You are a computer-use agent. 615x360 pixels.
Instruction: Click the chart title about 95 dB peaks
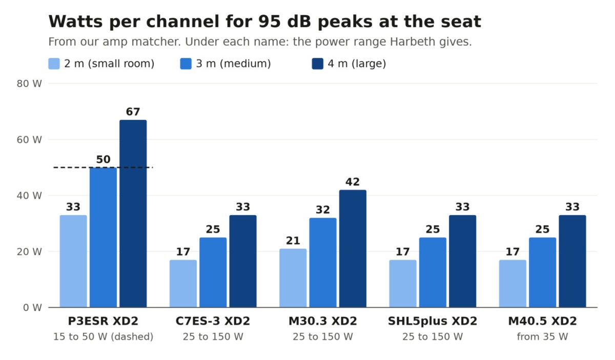coord(264,22)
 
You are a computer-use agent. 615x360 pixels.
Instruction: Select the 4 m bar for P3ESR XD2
coord(133,214)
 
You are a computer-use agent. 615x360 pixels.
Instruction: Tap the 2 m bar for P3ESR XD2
coord(73,261)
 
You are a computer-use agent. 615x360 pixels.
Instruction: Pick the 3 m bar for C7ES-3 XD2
coord(213,272)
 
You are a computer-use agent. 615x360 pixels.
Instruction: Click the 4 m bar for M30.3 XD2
coord(353,248)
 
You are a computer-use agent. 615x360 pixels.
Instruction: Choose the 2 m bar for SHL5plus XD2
coord(403,284)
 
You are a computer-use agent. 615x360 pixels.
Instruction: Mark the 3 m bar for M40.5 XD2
coord(543,272)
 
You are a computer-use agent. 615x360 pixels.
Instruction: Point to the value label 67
coord(133,112)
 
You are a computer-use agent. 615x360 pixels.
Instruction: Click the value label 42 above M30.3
coord(353,182)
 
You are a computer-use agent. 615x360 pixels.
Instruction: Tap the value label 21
coord(293,241)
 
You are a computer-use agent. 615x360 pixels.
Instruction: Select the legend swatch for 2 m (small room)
coord(54,63)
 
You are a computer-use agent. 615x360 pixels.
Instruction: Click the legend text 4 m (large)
coord(357,63)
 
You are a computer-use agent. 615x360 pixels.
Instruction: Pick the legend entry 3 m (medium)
coord(225,63)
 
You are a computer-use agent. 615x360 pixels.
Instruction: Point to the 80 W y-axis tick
coord(29,83)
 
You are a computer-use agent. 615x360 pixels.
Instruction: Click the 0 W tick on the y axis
coord(32,308)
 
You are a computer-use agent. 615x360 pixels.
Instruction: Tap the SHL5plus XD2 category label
coord(433,321)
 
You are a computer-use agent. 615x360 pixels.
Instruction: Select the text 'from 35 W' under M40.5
coord(543,336)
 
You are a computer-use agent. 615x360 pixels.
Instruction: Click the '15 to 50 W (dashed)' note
coord(103,336)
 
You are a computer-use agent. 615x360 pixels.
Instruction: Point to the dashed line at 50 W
coord(103,167)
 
